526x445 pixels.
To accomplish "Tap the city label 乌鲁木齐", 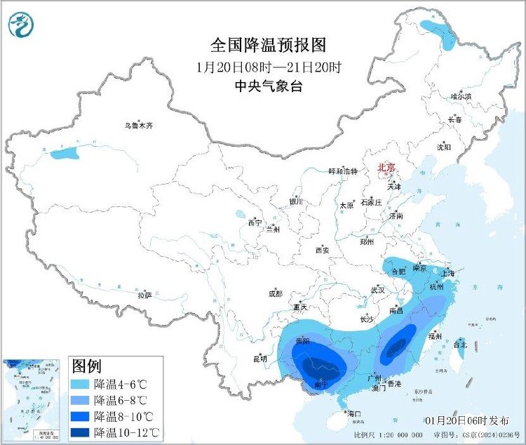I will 138,126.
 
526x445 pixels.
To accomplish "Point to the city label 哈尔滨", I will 461,96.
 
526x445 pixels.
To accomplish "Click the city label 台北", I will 460,345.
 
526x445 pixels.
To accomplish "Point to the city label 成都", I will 275,293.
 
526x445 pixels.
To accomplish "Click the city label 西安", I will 322,250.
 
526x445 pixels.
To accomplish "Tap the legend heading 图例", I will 87,366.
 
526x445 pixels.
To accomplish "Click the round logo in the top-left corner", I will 21,25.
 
